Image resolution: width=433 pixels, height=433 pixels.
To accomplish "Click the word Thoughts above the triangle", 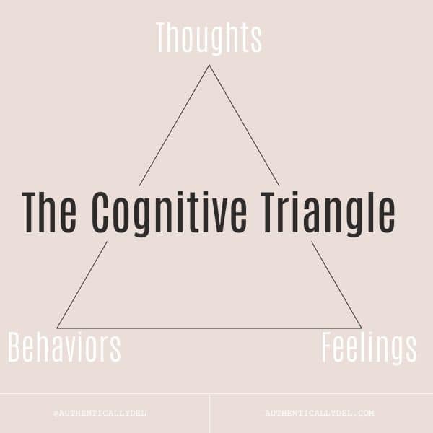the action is [x=209, y=38].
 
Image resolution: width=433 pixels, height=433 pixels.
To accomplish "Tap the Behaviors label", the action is [x=64, y=347].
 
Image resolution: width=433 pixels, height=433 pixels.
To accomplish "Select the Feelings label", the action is [x=369, y=349].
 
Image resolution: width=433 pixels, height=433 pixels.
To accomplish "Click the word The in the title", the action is [x=49, y=212].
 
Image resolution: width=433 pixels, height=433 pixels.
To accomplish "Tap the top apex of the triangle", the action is [x=209, y=65].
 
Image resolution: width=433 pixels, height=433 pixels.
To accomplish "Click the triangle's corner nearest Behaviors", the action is [x=58, y=328].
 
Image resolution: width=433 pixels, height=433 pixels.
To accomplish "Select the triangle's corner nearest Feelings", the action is [x=361, y=328].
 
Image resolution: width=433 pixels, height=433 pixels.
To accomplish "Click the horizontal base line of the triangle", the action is [x=209, y=328].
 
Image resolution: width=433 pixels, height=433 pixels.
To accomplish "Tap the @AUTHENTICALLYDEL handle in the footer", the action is [x=100, y=413].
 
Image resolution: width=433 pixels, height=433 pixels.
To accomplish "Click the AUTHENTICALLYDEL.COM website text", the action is [x=320, y=413].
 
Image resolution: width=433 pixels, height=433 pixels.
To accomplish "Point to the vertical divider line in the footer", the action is [x=209, y=414].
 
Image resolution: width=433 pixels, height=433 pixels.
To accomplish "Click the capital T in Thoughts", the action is [x=163, y=38].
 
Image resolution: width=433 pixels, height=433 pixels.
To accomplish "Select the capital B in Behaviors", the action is [x=15, y=347].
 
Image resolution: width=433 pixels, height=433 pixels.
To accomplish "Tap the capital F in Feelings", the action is [x=328, y=347].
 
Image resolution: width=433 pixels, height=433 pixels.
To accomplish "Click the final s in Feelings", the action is [x=411, y=351].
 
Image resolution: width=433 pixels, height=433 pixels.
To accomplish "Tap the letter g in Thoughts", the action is [x=219, y=43].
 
